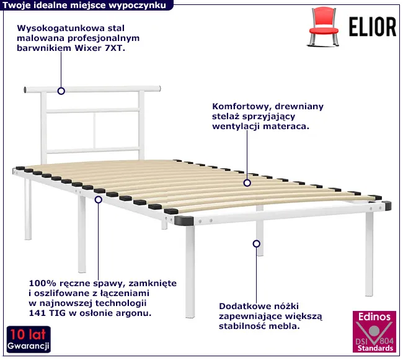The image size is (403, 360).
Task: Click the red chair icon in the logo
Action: (323, 27)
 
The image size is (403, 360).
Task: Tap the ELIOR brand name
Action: (373, 27)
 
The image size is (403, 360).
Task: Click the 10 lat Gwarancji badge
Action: (29, 339)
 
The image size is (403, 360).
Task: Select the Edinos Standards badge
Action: (374, 331)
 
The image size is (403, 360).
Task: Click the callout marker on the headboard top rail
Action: (61, 91)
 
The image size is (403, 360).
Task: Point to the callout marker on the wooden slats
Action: (247, 183)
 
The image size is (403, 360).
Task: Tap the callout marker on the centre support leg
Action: (256, 244)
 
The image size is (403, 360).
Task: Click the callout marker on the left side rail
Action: (99, 200)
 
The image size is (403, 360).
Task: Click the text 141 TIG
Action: (47, 313)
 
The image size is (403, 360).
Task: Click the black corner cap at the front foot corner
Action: (184, 221)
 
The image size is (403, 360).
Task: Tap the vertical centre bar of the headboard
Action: (94, 130)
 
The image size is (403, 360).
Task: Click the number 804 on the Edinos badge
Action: (386, 341)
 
